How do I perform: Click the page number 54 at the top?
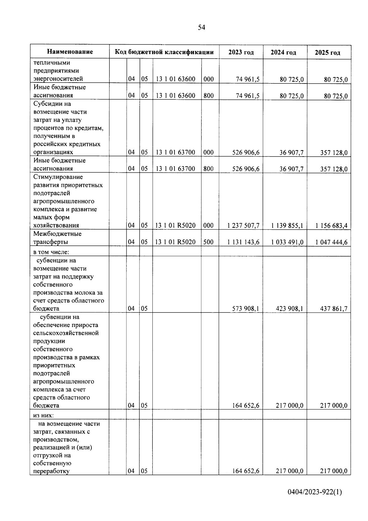(201, 28)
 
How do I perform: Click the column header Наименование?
(70, 52)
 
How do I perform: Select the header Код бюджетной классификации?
(164, 52)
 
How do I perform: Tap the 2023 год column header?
(241, 52)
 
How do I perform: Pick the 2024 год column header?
(283, 52)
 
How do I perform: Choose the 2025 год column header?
(328, 52)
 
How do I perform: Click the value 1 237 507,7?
(243, 226)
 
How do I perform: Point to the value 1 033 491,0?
(287, 242)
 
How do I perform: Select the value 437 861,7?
(334, 309)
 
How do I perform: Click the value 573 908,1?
(246, 309)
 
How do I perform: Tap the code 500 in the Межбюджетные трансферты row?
(208, 242)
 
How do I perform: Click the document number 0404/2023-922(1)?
(315, 492)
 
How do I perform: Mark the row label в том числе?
(51, 252)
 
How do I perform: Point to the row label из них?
(44, 415)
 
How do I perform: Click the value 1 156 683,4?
(332, 226)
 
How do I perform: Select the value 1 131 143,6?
(243, 242)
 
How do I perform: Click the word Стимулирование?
(58, 177)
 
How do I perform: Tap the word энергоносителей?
(58, 79)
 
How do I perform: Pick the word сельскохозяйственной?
(66, 333)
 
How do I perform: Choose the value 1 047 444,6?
(332, 242)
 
